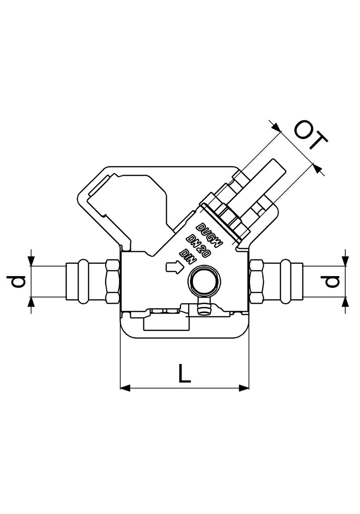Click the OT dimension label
pos(311,135)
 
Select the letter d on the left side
pos(16,281)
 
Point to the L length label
pos(185,373)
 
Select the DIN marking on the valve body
pos(188,257)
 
